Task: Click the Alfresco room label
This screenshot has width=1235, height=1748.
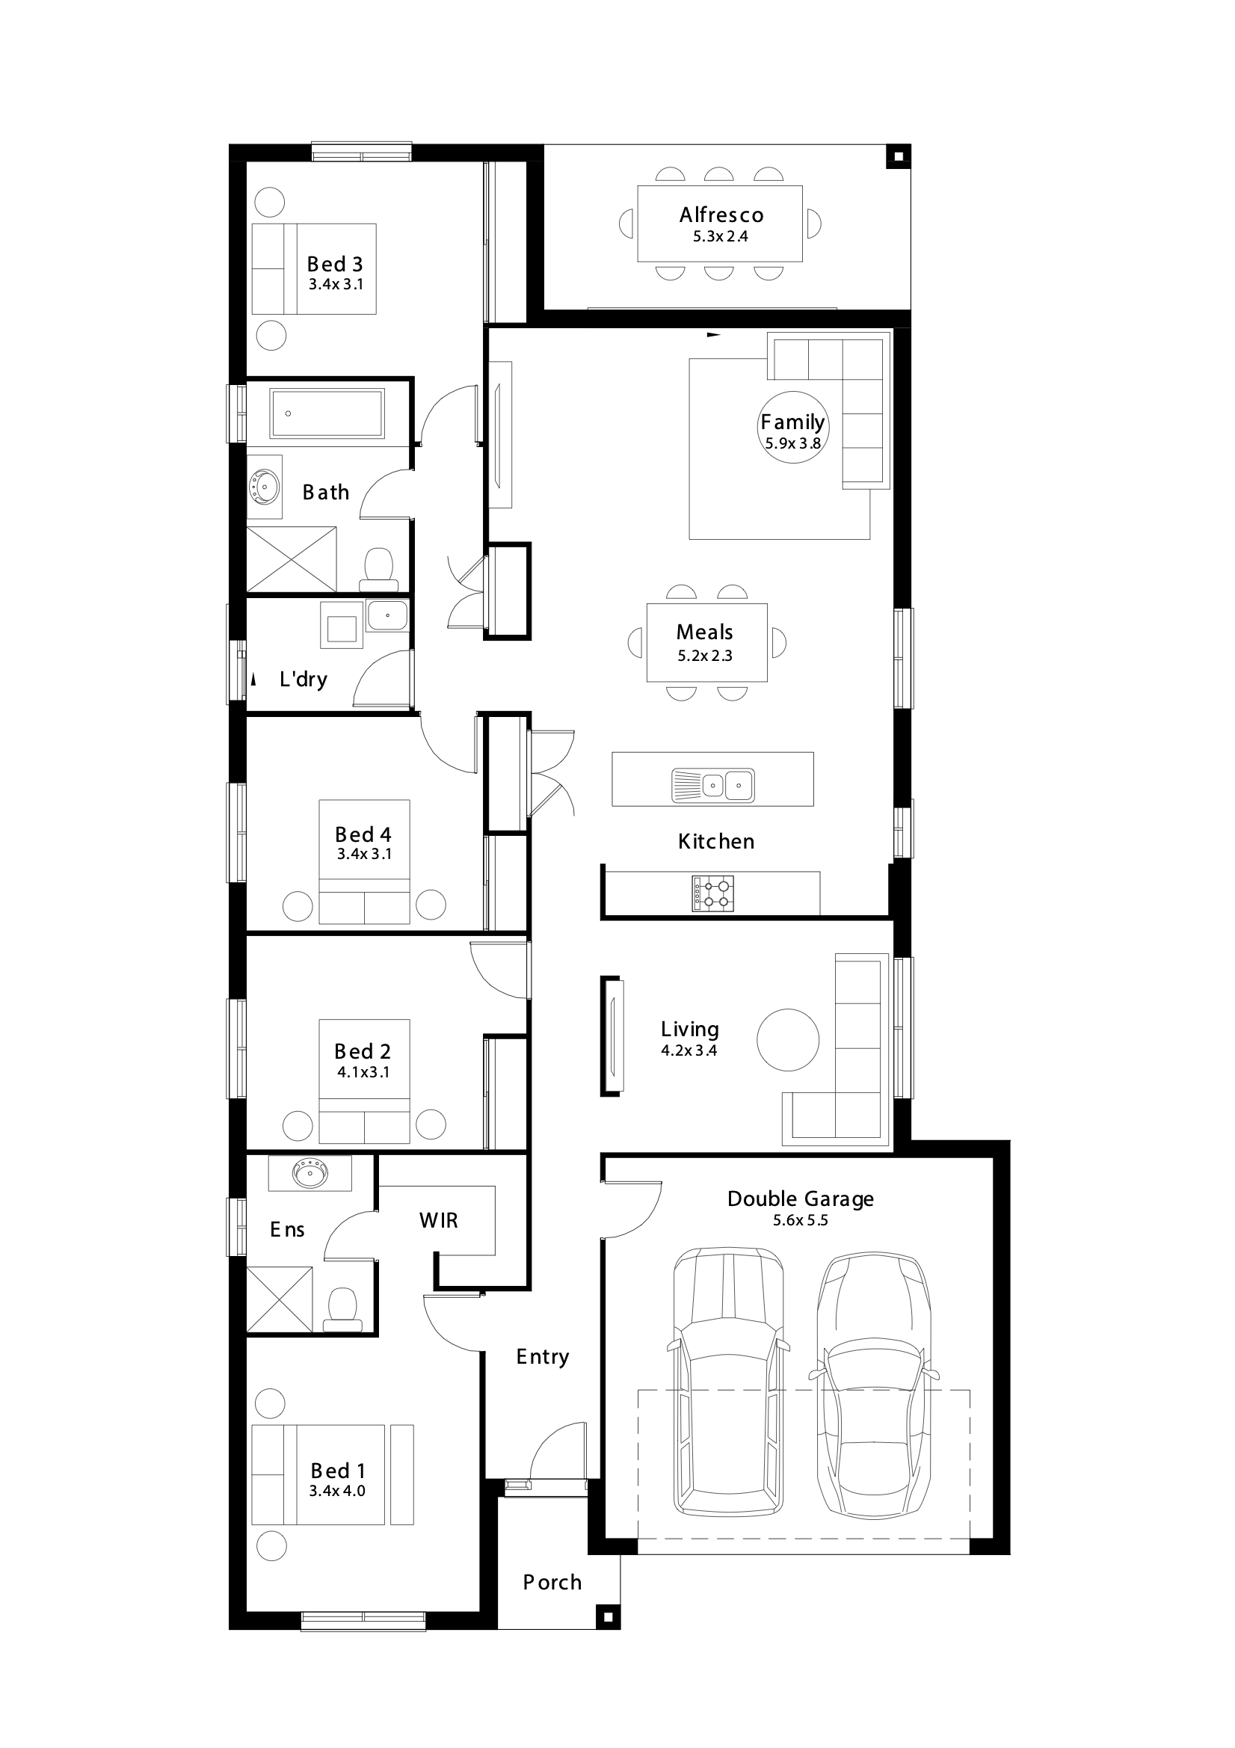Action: [x=721, y=215]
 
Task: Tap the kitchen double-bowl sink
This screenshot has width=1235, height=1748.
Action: [x=712, y=785]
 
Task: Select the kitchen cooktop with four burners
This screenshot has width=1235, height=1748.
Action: [x=713, y=893]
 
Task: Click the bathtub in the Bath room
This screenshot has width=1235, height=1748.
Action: [x=327, y=413]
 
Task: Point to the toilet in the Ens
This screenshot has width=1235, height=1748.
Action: [x=342, y=1308]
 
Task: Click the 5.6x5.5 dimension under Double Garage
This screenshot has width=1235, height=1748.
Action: [x=800, y=1220]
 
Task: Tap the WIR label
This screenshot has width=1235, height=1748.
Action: [x=439, y=1220]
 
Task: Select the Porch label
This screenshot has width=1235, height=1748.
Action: [x=552, y=1582]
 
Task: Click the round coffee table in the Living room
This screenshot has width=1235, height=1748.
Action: [x=788, y=1040]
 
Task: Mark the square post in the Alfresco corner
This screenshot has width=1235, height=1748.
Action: [x=898, y=157]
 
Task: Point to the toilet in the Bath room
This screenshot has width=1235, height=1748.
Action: [x=378, y=570]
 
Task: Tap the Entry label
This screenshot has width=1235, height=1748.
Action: [x=542, y=1357]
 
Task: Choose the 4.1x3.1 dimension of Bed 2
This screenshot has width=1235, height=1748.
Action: [x=363, y=1072]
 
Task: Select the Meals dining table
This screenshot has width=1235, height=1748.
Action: [x=707, y=642]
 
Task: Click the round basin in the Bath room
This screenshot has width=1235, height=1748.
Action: [x=263, y=485]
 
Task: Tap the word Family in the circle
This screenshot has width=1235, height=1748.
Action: [x=792, y=422]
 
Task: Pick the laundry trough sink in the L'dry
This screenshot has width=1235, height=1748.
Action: [x=386, y=615]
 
